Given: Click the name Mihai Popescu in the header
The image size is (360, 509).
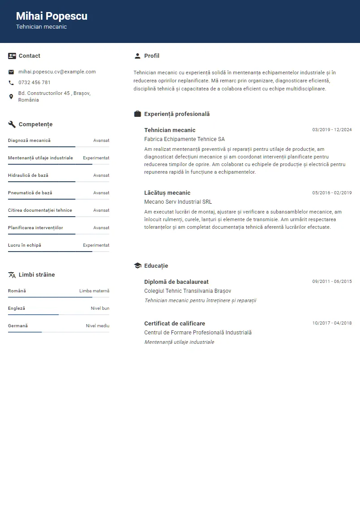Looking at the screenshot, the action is pyautogui.click(x=51, y=16).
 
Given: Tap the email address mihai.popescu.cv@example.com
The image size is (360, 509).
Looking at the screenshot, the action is pyautogui.click(x=57, y=72).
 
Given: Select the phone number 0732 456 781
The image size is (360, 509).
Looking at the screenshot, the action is pyautogui.click(x=34, y=82).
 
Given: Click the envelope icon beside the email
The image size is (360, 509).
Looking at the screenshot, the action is pyautogui.click(x=11, y=72).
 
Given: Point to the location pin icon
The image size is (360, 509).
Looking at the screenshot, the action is pyautogui.click(x=11, y=97).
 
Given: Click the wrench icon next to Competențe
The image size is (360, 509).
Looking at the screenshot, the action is pyautogui.click(x=12, y=124).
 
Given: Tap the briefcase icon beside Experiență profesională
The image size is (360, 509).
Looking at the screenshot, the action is pyautogui.click(x=137, y=114).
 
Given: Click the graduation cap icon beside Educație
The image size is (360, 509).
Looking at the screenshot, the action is pyautogui.click(x=137, y=266).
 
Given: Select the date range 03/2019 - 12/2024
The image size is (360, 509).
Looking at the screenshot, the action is pyautogui.click(x=332, y=130).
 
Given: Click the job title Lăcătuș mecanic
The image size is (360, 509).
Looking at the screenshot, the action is pyautogui.click(x=167, y=193).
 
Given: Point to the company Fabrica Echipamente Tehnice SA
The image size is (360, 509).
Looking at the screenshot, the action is pyautogui.click(x=184, y=139).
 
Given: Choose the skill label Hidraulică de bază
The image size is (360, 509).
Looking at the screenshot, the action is pyautogui.click(x=28, y=175).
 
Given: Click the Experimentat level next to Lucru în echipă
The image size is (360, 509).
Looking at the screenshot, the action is pyautogui.click(x=96, y=245).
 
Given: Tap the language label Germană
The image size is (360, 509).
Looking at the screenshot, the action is pyautogui.click(x=18, y=326).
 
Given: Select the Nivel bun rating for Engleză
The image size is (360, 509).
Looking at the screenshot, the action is pyautogui.click(x=100, y=308).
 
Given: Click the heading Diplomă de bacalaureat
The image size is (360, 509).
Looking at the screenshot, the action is pyautogui.click(x=176, y=282).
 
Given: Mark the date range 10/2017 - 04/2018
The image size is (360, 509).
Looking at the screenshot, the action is pyautogui.click(x=332, y=323).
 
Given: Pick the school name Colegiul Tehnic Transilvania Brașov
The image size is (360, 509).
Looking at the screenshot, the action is pyautogui.click(x=188, y=291).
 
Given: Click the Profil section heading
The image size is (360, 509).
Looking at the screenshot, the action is pyautogui.click(x=151, y=56).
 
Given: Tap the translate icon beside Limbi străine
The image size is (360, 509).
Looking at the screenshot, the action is pyautogui.click(x=12, y=275).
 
